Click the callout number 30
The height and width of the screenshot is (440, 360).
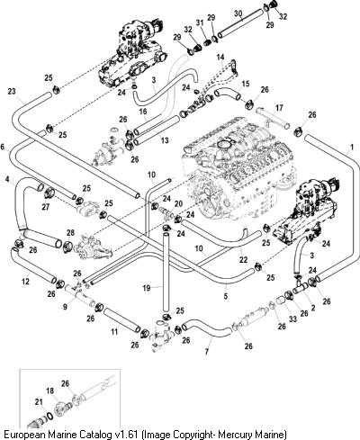pyautogui.click(x=238, y=13)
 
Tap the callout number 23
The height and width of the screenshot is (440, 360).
pyautogui.click(x=12, y=91)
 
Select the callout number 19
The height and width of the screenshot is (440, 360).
pyautogui.click(x=147, y=288)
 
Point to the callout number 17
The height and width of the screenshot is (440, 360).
pyautogui.click(x=279, y=107)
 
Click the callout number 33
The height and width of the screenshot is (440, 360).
pyautogui.click(x=292, y=319)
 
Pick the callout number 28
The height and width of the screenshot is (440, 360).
pyautogui.click(x=70, y=233)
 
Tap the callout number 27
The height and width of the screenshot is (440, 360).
pyautogui.click(x=46, y=207)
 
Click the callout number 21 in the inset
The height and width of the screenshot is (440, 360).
pyautogui.click(x=39, y=402)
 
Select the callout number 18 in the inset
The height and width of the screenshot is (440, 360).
pyautogui.click(x=50, y=391)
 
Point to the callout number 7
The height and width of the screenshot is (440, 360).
pyautogui.click(x=207, y=352)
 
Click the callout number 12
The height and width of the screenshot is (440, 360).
pyautogui.click(x=26, y=282)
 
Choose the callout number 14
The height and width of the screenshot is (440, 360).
pyautogui.click(x=220, y=57)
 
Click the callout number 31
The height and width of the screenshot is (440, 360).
pyautogui.click(x=200, y=22)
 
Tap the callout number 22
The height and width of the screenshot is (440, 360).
pyautogui.click(x=243, y=259)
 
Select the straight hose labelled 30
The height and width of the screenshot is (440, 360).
pyautogui.click(x=240, y=23)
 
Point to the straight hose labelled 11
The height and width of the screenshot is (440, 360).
pyautogui.click(x=122, y=320)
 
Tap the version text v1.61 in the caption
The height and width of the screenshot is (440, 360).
pyautogui.click(x=127, y=435)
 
